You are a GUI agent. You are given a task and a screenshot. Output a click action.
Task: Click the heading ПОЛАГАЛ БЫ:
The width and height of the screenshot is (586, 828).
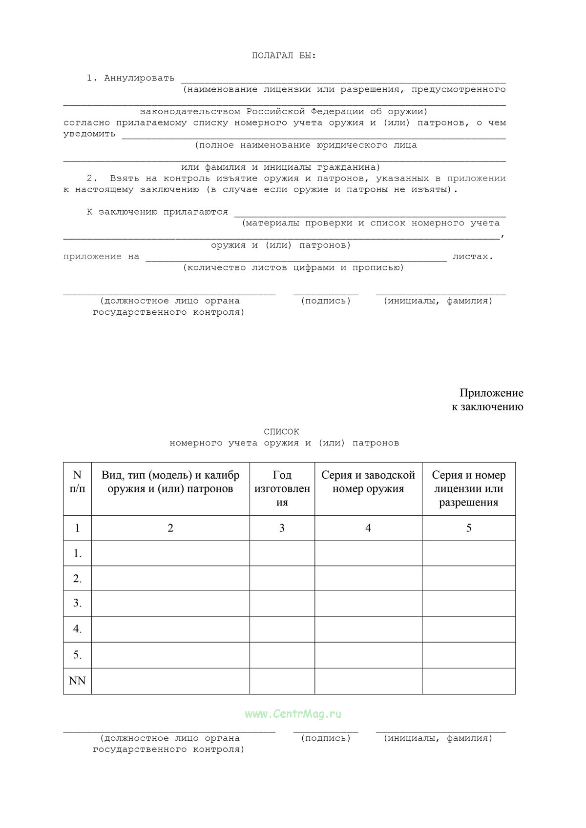284,56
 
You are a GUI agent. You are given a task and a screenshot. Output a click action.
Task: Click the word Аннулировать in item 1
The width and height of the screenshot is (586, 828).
139,78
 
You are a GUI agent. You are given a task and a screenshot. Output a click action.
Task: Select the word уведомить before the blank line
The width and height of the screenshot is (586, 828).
89,134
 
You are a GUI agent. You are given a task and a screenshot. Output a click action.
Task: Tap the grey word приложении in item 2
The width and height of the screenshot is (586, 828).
476,179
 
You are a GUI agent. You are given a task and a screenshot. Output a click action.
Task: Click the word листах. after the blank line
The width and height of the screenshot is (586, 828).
472,257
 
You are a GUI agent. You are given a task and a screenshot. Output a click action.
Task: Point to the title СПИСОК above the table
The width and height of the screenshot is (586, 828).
281,432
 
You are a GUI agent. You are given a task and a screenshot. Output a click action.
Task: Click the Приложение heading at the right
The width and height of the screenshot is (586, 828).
491,393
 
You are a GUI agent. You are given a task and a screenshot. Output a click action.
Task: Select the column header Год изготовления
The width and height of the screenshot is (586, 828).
282,488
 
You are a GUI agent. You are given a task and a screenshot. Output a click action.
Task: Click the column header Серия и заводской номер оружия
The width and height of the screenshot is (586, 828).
368,482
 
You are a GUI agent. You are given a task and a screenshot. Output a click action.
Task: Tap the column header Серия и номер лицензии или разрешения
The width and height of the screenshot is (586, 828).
468,488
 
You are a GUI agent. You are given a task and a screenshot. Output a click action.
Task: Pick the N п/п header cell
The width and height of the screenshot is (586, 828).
77,482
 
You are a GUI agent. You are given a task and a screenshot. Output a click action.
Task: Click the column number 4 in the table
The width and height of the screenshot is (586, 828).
368,528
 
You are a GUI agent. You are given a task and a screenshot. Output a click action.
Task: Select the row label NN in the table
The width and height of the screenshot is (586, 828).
77,681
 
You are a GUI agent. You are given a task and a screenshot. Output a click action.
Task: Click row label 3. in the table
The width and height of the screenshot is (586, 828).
77,603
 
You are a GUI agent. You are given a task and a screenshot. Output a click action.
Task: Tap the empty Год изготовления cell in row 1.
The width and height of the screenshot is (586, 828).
282,553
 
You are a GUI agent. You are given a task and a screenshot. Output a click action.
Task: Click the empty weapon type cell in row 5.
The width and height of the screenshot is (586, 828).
170,655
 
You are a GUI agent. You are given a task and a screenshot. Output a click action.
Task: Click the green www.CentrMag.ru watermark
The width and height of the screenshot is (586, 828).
293,714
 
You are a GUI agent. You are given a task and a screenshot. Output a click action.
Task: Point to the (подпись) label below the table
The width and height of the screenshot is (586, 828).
326,738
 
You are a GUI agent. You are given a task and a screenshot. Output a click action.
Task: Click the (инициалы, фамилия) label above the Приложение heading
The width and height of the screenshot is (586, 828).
438,301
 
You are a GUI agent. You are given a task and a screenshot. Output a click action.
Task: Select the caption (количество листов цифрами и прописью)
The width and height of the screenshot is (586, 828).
293,268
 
